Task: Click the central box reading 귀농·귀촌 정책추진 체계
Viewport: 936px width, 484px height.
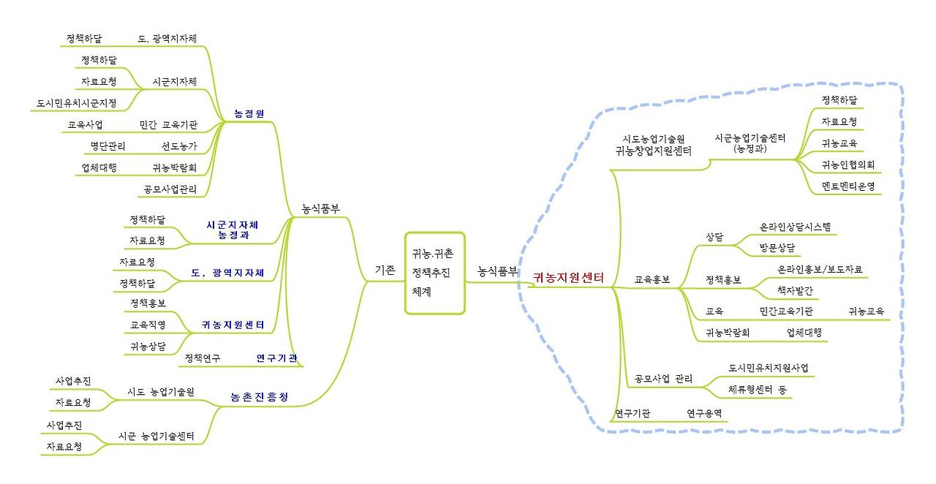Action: pos(434,273)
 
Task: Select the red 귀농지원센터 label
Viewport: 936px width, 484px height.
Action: pos(568,277)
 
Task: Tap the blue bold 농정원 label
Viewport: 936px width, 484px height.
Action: pos(249,113)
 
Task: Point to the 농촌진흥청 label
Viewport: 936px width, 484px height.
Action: pos(259,397)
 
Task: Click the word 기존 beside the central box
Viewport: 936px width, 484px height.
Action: pos(385,269)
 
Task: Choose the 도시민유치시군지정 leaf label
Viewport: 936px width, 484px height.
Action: pos(77,103)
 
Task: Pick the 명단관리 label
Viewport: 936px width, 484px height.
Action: pos(107,145)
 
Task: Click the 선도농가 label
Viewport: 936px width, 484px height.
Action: pos(179,145)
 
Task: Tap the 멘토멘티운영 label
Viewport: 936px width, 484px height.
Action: pos(848,186)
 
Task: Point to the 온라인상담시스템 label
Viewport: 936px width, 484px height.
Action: pos(796,227)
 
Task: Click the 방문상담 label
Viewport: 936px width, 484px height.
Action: pos(777,247)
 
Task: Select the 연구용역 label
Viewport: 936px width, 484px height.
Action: pos(704,413)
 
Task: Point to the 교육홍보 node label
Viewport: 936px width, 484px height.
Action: pos(652,279)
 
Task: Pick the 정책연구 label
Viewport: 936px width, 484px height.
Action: pos(203,358)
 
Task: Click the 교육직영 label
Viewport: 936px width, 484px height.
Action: pos(148,324)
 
